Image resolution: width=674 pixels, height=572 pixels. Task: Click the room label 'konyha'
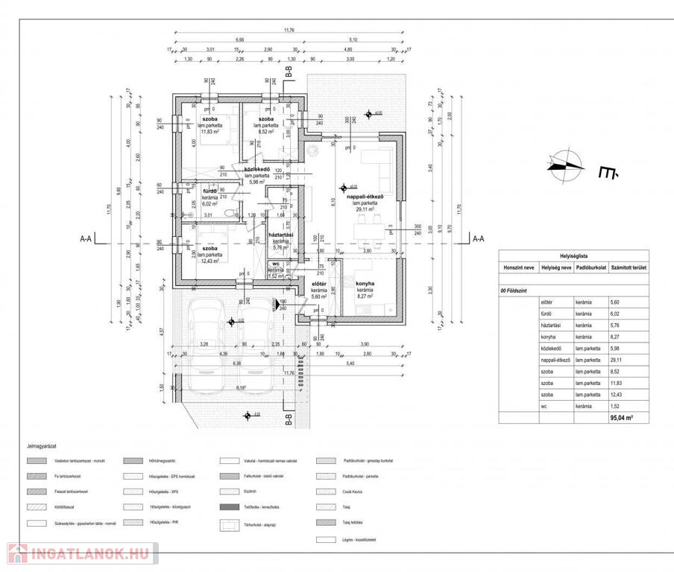tap(365, 284)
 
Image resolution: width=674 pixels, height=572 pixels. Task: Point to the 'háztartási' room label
tap(280, 235)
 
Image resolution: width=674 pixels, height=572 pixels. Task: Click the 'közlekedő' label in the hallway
tap(256, 169)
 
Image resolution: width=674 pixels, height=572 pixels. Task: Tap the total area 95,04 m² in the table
tap(621, 419)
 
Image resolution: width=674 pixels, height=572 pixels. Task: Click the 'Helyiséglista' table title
tap(574, 253)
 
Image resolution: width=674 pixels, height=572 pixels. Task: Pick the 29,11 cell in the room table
tap(615, 360)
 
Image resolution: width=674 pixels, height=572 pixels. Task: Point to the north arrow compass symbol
tap(564, 166)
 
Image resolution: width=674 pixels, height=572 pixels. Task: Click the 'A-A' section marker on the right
tap(477, 239)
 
